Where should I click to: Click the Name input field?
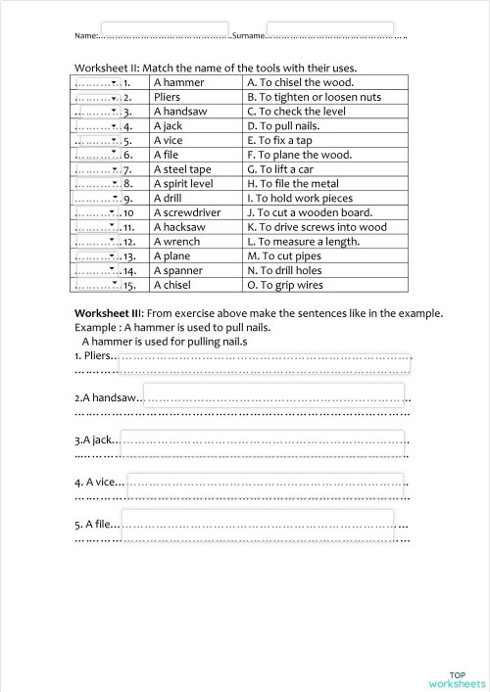[x=165, y=31]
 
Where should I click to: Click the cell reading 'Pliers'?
[x=168, y=98]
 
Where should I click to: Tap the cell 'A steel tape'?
[x=181, y=169]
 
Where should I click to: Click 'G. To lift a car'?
[x=283, y=169]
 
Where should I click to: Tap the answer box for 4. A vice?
[x=265, y=481]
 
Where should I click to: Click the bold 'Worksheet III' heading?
[x=109, y=313]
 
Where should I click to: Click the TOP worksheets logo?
[x=456, y=678]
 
